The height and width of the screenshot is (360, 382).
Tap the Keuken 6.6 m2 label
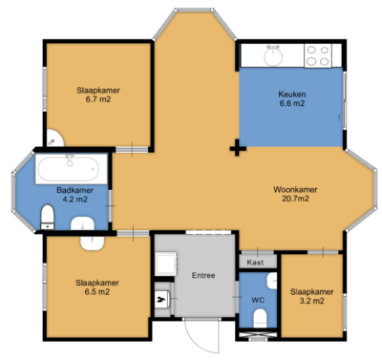[x=291, y=98]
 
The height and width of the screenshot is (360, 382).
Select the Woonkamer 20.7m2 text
[x=293, y=194]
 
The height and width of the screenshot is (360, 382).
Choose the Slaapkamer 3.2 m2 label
[x=311, y=296]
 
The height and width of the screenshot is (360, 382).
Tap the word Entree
[x=202, y=276]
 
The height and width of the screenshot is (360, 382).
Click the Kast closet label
[x=255, y=262]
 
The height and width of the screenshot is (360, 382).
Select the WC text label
[x=257, y=299]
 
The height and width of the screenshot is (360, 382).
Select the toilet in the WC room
[x=256, y=329]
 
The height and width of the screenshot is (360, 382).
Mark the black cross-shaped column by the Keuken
[x=236, y=148]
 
